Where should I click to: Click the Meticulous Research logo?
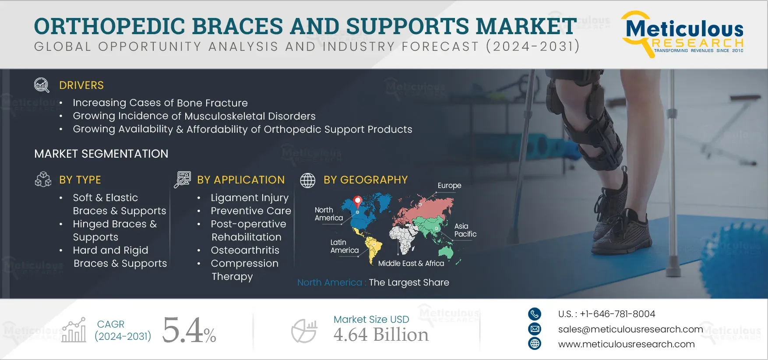pos(683,34)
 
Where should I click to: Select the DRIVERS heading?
pos(81,85)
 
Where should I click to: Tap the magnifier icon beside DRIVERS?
pos(42,85)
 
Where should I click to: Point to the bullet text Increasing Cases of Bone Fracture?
pos(160,103)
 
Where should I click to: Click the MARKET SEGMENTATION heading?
pos(101,154)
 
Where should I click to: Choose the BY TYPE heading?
pos(80,180)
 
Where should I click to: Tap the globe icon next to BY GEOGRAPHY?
pos(307,180)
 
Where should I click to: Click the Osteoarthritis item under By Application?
pos(245,250)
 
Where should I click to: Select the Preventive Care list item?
pos(251,211)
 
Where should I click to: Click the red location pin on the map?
pos(358,201)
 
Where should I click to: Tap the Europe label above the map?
pos(450,186)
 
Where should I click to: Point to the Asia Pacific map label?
pos(465,230)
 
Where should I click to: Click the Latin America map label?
pos(345,246)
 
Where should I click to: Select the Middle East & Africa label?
pos(411,263)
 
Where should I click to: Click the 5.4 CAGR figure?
pos(189,331)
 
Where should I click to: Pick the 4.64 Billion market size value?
pos(381,335)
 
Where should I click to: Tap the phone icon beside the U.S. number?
pos(535,314)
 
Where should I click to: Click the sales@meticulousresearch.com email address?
pos(631,329)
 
